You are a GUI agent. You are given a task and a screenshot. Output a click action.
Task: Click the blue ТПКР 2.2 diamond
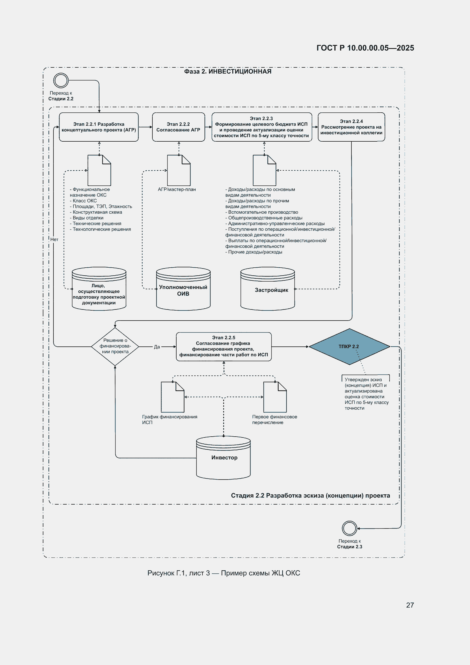[349, 346]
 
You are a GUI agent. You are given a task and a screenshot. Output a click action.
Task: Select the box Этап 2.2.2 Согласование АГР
[178, 127]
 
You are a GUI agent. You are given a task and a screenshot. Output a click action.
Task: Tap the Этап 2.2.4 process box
[351, 127]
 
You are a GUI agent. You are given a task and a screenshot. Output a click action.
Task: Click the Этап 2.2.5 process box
[223, 346]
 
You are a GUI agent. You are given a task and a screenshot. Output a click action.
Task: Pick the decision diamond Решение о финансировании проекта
[115, 346]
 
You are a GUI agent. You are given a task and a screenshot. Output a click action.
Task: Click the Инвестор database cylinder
[223, 458]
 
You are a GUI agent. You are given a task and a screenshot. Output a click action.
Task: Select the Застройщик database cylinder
[268, 289]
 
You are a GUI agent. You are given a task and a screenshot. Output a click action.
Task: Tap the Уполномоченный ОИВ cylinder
[183, 289]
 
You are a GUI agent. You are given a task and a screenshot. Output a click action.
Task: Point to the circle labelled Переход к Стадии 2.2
[61, 80]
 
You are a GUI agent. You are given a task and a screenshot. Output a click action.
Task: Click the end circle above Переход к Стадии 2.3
[349, 528]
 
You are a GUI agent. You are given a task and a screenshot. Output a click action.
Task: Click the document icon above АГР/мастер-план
[179, 170]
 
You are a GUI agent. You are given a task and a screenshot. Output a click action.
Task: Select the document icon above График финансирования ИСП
[173, 397]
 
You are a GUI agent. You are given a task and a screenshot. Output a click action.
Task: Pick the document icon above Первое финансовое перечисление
[275, 397]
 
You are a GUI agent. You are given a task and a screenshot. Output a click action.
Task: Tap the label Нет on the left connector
[54, 239]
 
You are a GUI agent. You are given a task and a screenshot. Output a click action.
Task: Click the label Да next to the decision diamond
[157, 347]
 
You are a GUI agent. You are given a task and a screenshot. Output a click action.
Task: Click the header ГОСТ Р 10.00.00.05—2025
[365, 48]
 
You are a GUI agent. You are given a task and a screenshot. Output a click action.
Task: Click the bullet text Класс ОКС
[83, 201]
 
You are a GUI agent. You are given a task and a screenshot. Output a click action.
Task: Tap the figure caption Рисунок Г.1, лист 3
[178, 573]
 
